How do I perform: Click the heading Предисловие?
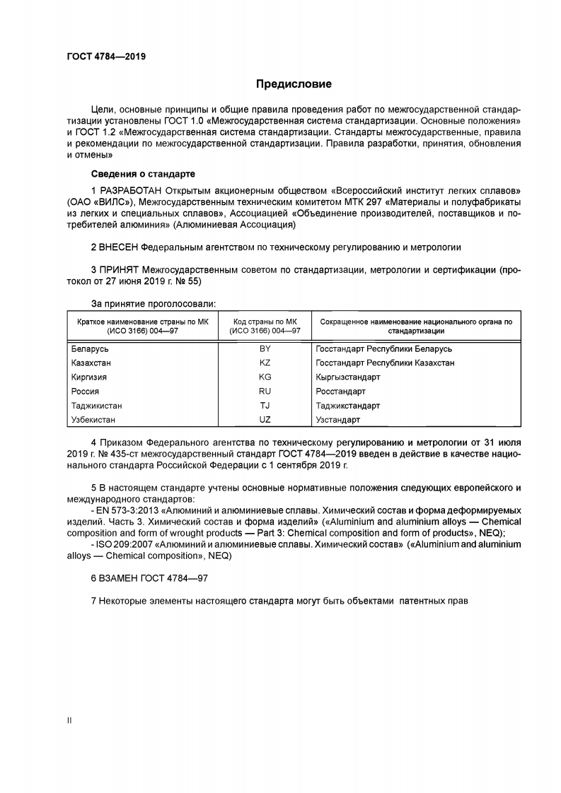pos(293,85)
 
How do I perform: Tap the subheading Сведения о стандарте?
pos(143,174)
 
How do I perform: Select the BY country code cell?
pos(265,348)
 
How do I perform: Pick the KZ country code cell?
pos(265,363)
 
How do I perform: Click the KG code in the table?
pos(265,377)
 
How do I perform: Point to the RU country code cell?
pos(265,391)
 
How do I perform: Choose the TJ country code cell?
pos(265,406)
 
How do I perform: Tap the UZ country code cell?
pos(265,420)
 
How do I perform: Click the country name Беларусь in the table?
pos(91,348)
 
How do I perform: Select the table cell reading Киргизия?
pos(89,377)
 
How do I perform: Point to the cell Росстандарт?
pos(341,391)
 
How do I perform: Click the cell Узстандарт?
pos(338,420)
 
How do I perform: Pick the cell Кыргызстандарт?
pos(348,377)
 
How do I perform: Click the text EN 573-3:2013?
pos(127,510)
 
